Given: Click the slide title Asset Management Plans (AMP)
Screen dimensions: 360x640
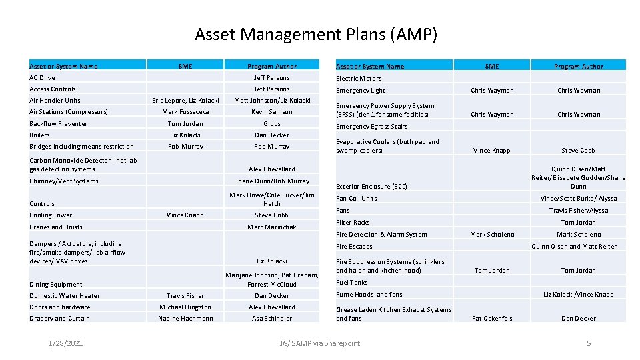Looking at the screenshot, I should tap(316, 34).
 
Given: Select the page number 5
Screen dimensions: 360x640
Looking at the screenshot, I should tap(588, 343).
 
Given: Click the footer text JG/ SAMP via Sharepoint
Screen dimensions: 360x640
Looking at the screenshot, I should tap(320, 343).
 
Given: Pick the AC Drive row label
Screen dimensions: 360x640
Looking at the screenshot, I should tap(42, 78).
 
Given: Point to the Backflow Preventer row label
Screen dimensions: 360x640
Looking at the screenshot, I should tap(58, 123).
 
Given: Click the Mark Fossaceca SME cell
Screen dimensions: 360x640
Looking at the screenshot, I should tap(185, 112).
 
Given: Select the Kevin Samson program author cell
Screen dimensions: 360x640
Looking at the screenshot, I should tap(272, 112).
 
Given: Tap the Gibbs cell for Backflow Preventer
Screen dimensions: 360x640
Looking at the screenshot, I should tap(272, 123).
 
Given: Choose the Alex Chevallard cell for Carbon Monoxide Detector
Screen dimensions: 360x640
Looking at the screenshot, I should tap(272, 169).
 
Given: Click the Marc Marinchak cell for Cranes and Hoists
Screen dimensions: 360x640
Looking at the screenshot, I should tap(272, 227).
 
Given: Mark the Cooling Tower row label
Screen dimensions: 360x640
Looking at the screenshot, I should tap(51, 215).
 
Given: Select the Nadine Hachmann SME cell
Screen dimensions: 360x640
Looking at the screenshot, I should tap(185, 319).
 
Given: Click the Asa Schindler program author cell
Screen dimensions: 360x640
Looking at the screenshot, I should tap(272, 319).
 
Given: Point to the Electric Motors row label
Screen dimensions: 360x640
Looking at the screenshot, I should tap(359, 79).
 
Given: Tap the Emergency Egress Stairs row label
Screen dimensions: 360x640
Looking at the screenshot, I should tap(371, 127).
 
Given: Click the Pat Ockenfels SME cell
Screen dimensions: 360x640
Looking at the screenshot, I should tap(492, 319).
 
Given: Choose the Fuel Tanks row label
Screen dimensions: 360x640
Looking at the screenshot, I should tap(352, 283).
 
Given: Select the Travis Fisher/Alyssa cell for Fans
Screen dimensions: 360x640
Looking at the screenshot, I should tap(578, 211).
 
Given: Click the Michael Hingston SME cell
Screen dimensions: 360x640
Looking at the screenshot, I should tap(185, 307).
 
